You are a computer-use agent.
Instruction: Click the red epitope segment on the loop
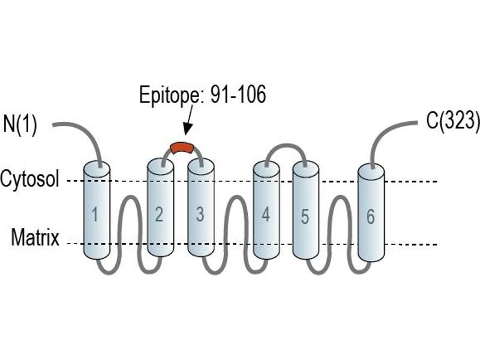click(182, 148)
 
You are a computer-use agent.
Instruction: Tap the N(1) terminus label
click(20, 124)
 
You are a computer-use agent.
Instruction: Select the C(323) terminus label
click(453, 121)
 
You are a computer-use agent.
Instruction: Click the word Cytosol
click(29, 178)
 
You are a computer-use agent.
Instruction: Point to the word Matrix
click(35, 237)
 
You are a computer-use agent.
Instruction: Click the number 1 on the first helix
click(95, 214)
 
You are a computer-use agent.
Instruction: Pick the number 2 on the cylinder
click(159, 214)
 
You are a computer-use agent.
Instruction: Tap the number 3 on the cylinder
click(200, 214)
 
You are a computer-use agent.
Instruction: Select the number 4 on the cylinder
click(266, 214)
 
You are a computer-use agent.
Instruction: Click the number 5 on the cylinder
click(305, 217)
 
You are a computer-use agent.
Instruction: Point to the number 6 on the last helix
click(370, 217)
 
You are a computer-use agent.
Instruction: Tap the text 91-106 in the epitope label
click(238, 95)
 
